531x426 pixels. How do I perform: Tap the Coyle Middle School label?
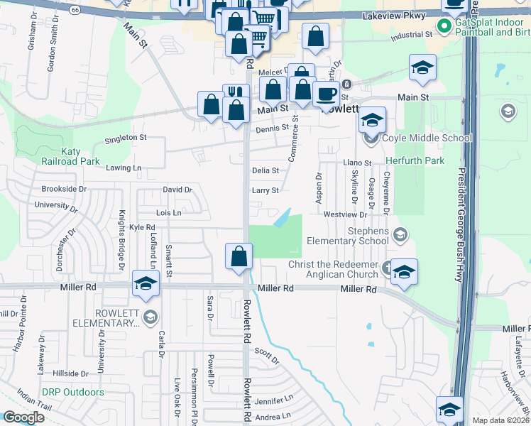pos(427,138)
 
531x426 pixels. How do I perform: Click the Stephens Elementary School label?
pos(348,236)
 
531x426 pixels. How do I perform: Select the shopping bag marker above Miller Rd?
pos(239,256)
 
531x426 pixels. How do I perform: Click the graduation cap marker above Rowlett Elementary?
pos(146,283)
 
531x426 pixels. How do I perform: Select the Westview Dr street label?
pos(344,214)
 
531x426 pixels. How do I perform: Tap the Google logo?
pos(23,417)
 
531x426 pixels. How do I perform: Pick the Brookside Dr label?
pos(63,190)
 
